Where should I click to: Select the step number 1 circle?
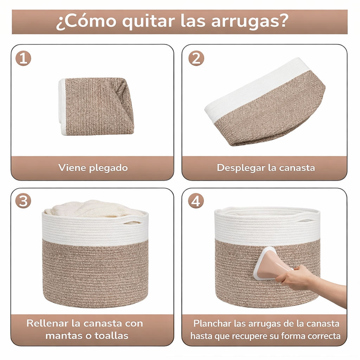pos(23,58)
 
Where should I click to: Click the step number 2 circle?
pos(196,58)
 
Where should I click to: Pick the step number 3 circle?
pos(23,201)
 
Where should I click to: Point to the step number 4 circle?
pos(196,201)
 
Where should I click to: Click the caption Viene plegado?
pos(93,168)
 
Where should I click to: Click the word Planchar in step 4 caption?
pos(210,323)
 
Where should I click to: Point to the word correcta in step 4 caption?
pos(324,336)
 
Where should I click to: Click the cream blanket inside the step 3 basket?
pos(93,210)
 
